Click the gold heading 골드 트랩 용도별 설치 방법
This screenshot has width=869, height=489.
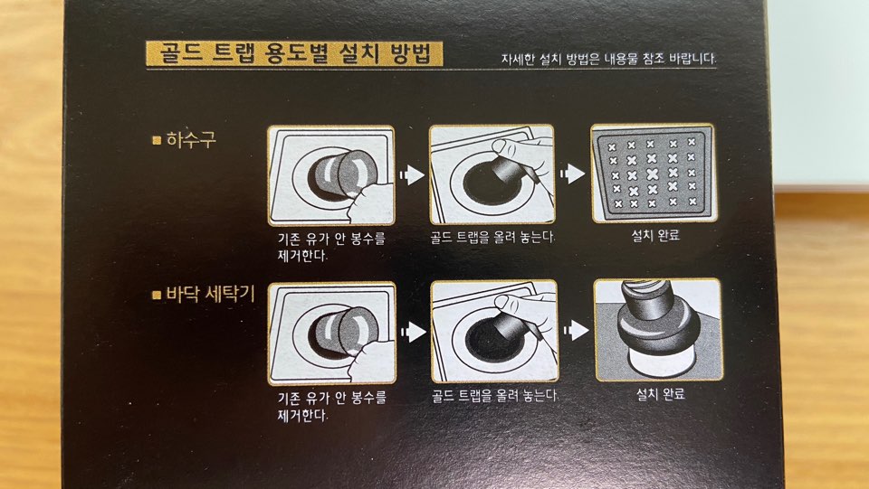294,53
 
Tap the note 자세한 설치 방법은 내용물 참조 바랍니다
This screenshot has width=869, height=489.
608,59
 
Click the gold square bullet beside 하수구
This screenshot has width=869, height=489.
157,140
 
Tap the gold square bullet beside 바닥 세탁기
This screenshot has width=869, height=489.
157,295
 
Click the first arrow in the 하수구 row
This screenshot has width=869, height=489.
412,174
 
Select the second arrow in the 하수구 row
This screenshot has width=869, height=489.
572,174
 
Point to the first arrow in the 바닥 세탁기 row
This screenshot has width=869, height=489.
414,332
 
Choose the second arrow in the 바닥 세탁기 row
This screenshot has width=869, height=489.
576,331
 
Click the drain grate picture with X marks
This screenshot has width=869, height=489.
654,174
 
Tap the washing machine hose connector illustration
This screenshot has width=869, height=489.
658,330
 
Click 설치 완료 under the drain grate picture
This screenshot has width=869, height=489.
655,236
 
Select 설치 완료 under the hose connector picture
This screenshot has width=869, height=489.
660,394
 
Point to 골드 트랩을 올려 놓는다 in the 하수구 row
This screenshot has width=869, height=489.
492,238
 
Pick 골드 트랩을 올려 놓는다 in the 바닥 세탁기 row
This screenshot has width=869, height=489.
495,396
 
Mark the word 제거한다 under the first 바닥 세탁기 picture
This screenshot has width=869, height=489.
302,416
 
